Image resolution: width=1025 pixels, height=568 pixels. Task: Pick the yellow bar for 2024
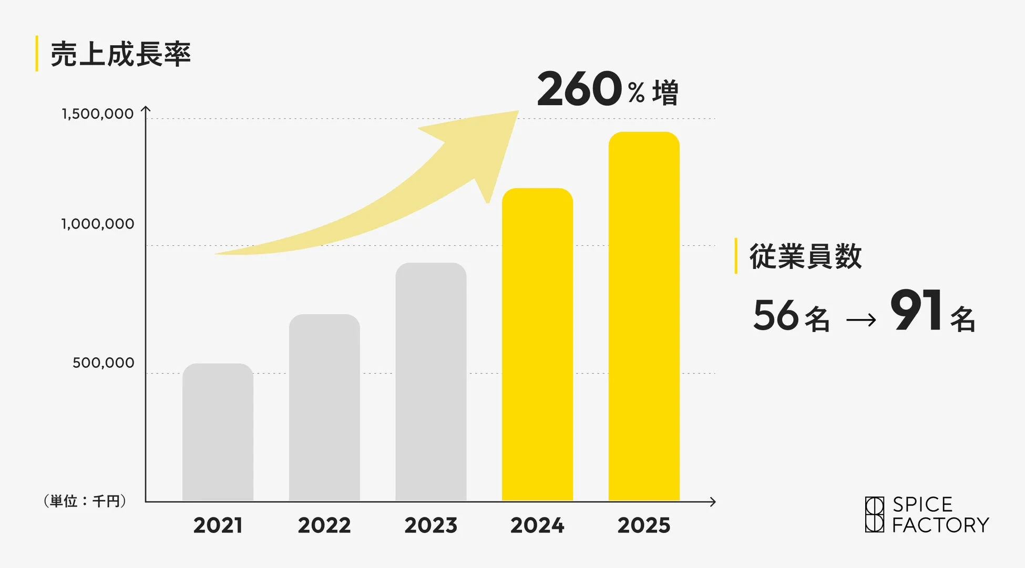pyautogui.click(x=537, y=344)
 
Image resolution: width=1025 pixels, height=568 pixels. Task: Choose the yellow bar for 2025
pyautogui.click(x=644, y=316)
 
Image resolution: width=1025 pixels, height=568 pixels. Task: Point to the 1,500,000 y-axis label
pyautogui.click(x=98, y=113)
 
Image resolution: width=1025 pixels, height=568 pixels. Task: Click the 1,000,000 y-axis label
pyautogui.click(x=98, y=224)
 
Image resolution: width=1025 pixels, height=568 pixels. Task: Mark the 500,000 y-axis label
pyautogui.click(x=104, y=363)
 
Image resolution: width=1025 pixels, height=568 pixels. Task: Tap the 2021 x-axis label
pyautogui.click(x=218, y=525)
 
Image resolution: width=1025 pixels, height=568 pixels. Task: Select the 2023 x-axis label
pyautogui.click(x=430, y=525)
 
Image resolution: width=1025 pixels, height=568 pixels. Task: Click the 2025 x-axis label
pyautogui.click(x=644, y=525)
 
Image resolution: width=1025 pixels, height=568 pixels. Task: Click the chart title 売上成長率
pyautogui.click(x=120, y=54)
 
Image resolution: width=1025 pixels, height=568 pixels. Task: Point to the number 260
pyautogui.click(x=579, y=89)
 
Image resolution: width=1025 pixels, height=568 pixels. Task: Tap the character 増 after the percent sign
pyautogui.click(x=665, y=93)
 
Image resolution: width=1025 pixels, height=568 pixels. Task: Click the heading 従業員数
pyautogui.click(x=805, y=256)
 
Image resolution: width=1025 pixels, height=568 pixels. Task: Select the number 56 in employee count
pyautogui.click(x=776, y=315)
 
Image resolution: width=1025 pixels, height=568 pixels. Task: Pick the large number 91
pyautogui.click(x=916, y=311)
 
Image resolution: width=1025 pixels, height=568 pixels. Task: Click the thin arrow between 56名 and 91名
pyautogui.click(x=861, y=319)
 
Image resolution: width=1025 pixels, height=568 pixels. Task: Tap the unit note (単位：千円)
pyautogui.click(x=85, y=501)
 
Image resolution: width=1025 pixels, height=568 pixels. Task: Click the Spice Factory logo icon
pyautogui.click(x=874, y=514)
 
